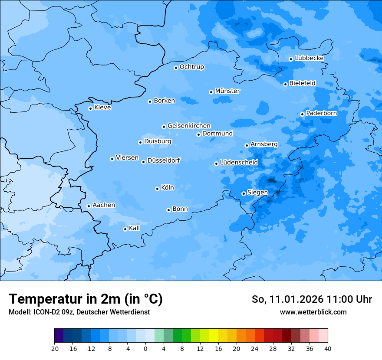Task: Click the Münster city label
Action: pos(227,91)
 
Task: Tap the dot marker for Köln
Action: pos(157,189)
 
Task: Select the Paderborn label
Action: pos(321,113)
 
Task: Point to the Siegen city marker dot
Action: pos(244,193)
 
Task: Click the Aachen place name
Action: pos(104,205)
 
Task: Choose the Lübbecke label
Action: pos(309,58)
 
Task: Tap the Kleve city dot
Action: pos(90,108)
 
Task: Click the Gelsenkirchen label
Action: pos(189,126)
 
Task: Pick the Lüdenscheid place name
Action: pos(239,163)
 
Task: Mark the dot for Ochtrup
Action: pos(176,68)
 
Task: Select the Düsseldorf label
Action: pos(164,160)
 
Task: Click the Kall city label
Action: pos(135,228)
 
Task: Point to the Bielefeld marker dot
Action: pos(285,84)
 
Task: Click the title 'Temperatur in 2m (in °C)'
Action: pos(86,299)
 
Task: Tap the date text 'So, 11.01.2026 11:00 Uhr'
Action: pos(312,299)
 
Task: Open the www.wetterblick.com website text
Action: pos(313,312)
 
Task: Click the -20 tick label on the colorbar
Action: pos(54,349)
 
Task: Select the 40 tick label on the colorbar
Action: pos(327,349)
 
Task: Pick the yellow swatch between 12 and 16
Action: pos(214,336)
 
